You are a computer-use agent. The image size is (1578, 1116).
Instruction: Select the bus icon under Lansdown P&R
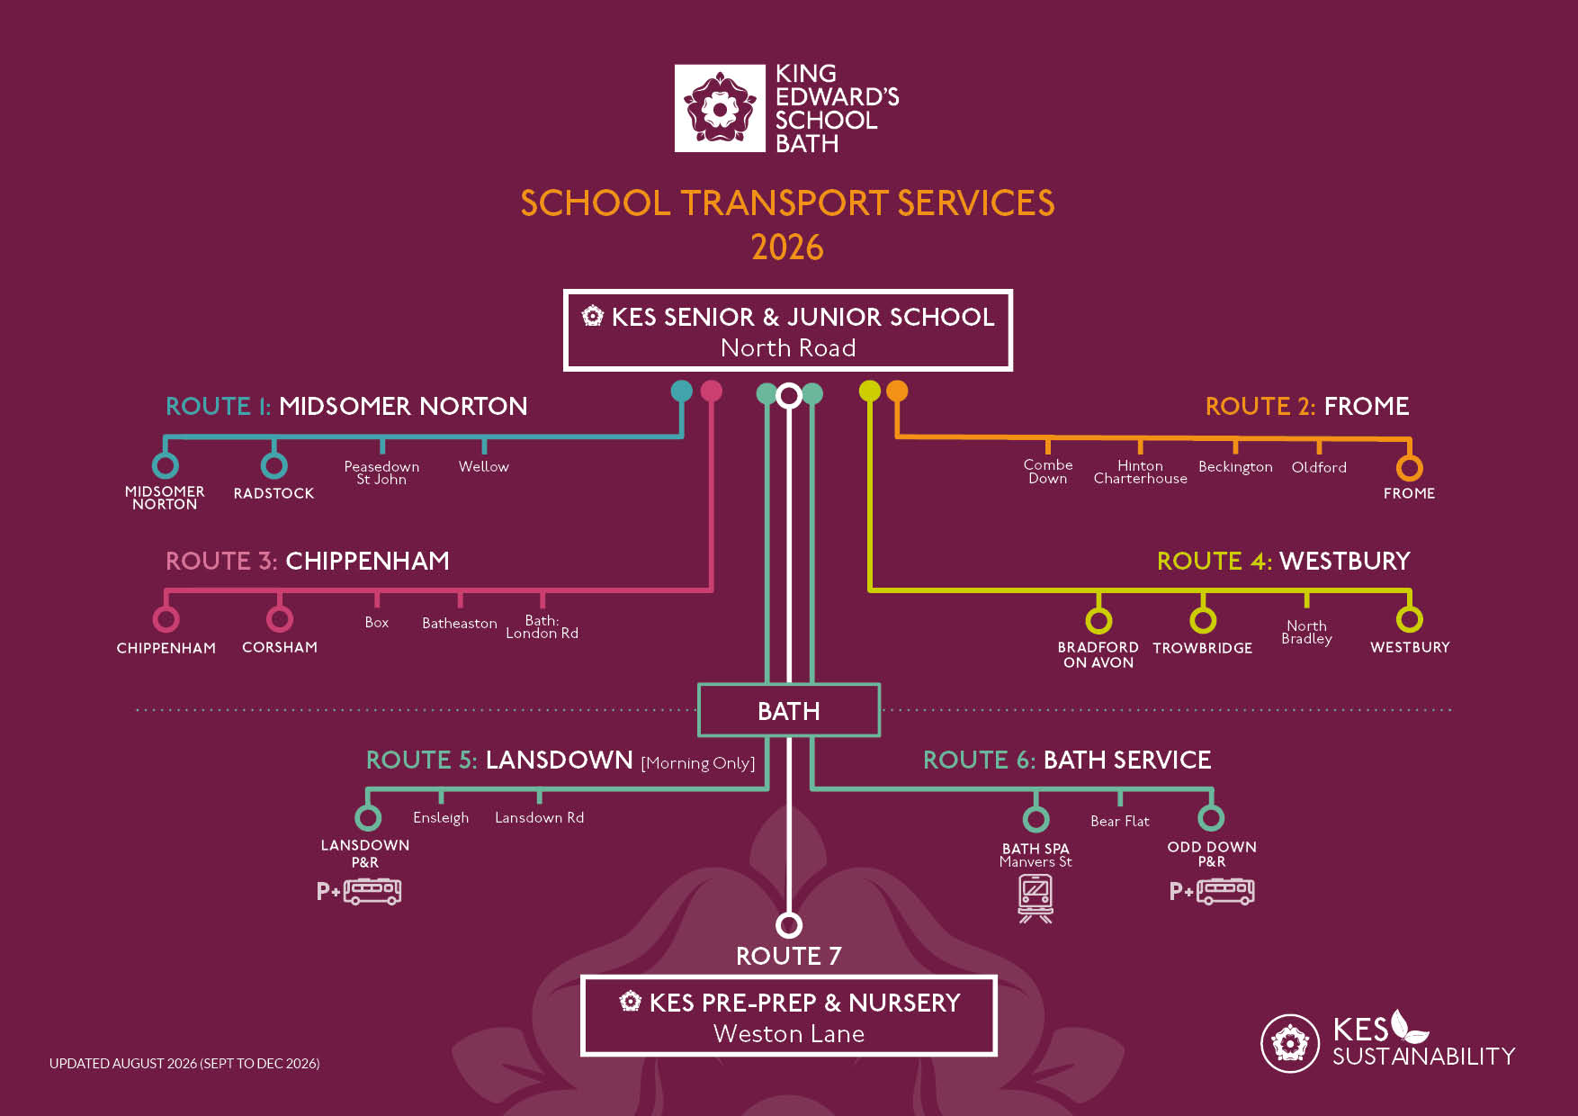(372, 891)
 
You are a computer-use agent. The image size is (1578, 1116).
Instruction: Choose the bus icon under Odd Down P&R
(1225, 891)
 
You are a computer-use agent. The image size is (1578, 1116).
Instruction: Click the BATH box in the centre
(789, 710)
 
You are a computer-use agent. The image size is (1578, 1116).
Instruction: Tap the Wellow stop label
(484, 466)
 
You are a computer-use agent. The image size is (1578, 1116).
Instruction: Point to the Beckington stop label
(1235, 467)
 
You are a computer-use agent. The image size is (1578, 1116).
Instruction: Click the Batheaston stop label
(460, 623)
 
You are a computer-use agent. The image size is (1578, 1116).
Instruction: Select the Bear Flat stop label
(1120, 821)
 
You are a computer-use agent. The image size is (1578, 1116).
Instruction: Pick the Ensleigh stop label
(441, 817)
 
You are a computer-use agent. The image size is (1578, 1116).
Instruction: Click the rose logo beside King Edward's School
(720, 108)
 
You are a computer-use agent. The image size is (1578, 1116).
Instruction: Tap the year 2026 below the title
(787, 247)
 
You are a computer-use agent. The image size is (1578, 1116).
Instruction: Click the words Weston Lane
(789, 1034)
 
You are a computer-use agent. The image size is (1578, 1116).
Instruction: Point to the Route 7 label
(789, 956)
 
